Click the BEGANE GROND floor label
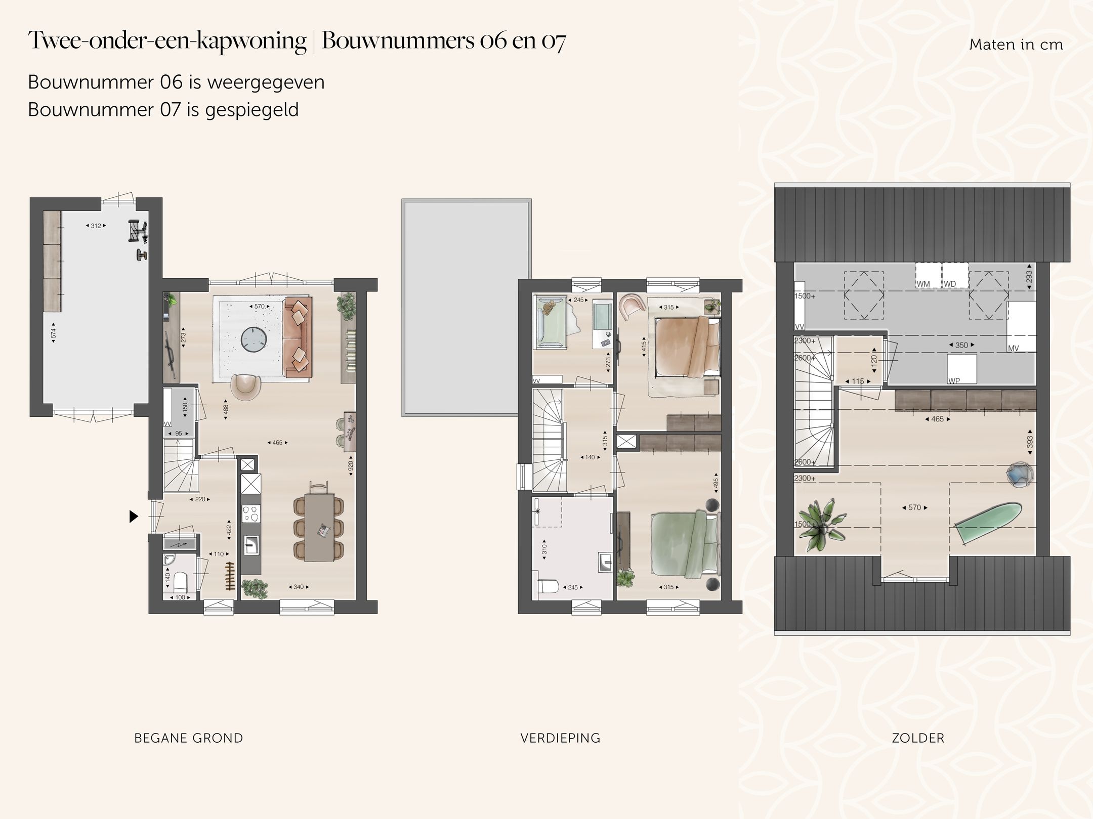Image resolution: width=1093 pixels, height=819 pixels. [188, 738]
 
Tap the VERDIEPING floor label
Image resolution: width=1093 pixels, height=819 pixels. [560, 738]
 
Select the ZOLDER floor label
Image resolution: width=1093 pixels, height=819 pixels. [918, 738]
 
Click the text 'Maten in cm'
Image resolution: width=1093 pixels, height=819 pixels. [1016, 45]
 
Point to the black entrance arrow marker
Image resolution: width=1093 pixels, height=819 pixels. [134, 516]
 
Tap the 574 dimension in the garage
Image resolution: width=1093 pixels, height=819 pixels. [53, 333]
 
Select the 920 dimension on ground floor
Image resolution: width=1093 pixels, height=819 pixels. [351, 466]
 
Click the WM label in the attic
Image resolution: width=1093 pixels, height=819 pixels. [923, 284]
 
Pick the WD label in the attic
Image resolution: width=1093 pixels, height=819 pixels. [950, 284]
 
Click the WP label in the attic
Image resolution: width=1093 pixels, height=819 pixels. [954, 381]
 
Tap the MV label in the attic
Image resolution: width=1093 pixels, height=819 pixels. [1013, 349]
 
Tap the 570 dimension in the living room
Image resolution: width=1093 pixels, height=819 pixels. [259, 307]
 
